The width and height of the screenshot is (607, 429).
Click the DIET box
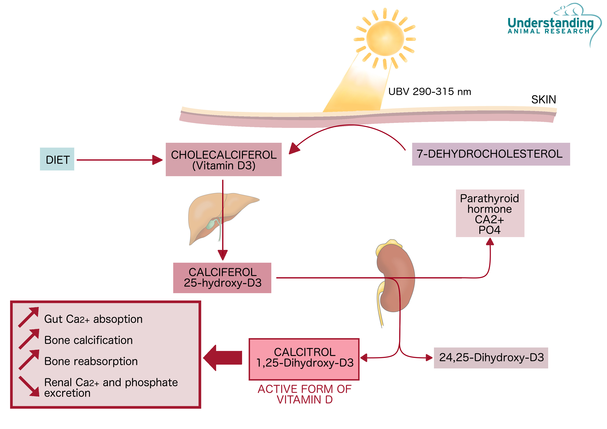point(57,159)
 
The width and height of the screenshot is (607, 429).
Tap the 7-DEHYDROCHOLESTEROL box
point(491,154)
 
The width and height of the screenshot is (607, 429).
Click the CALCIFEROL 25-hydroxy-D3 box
point(222,278)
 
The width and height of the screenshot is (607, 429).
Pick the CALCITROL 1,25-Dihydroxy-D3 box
point(304,359)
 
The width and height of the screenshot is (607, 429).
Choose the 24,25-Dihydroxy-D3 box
point(491,358)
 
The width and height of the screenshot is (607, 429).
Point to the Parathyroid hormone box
point(490,213)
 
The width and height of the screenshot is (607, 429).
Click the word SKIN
point(543,100)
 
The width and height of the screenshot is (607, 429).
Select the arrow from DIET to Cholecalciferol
point(119,160)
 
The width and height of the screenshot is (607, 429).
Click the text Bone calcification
point(88,340)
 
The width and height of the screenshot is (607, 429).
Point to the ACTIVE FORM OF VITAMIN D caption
point(305,394)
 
